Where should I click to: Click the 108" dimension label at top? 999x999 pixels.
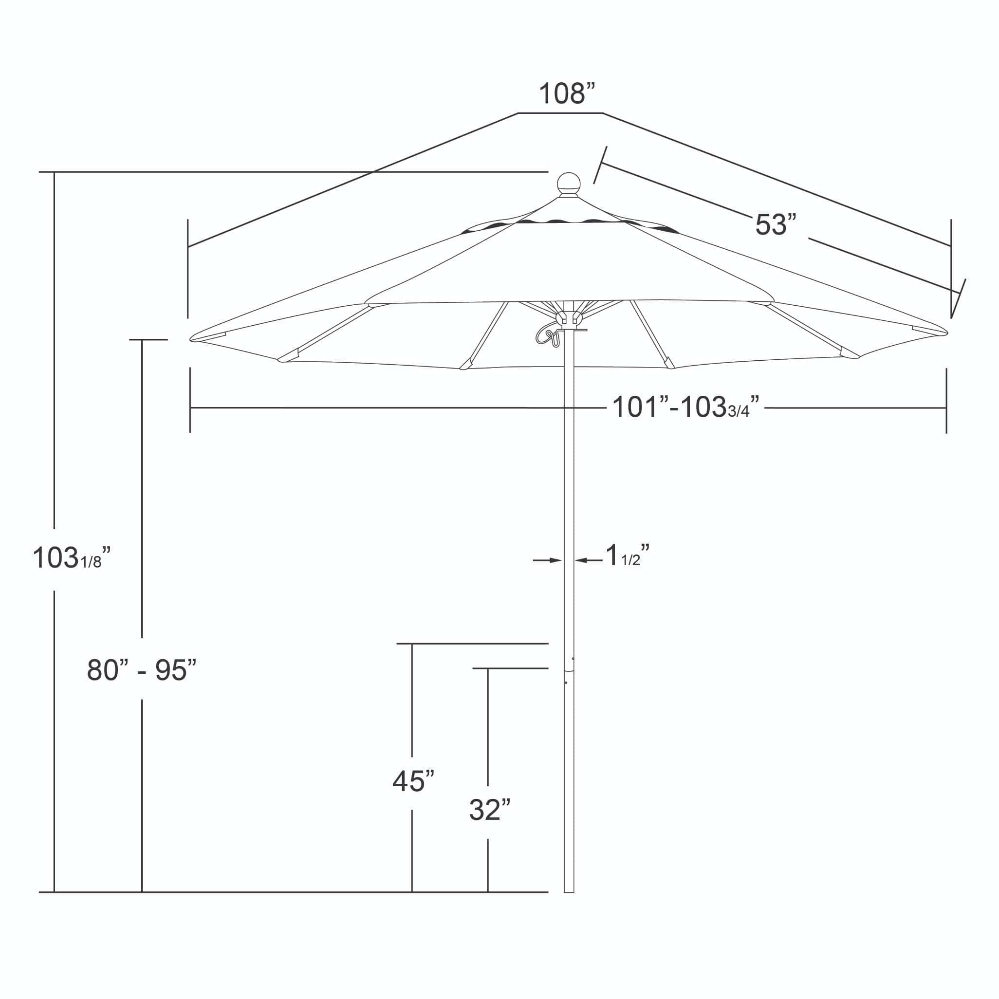click(x=567, y=93)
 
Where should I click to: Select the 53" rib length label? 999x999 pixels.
click(x=776, y=224)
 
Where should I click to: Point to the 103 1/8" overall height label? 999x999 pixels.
click(x=72, y=557)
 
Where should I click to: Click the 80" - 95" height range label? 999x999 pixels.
click(x=142, y=669)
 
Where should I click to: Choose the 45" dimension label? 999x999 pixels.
click(x=413, y=781)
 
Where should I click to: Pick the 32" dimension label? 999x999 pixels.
click(x=490, y=810)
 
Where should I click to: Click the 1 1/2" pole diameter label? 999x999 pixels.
click(x=627, y=555)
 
